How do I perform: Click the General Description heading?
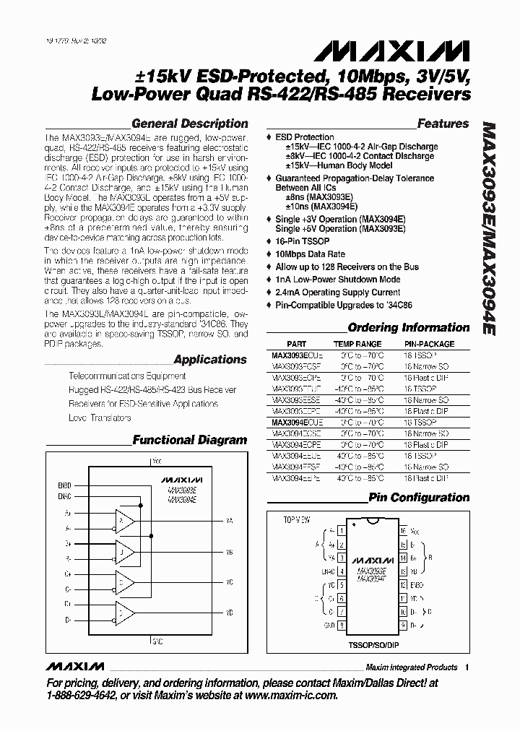click(190, 124)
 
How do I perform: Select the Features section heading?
click(443, 124)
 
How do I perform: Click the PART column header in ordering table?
click(296, 345)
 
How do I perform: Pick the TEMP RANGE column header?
click(357, 345)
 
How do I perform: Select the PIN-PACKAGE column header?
click(429, 345)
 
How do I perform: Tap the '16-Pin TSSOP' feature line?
click(303, 241)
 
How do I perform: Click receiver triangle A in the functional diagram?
click(125, 521)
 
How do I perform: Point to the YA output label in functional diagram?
click(230, 521)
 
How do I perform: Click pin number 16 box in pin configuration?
click(402, 529)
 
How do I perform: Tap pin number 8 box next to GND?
click(341, 623)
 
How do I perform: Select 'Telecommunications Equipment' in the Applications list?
click(127, 376)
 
